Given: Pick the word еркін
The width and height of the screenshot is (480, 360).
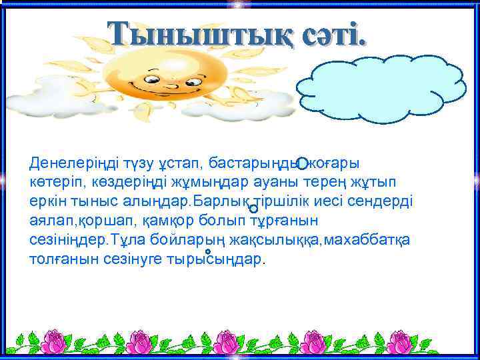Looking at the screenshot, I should (48, 203).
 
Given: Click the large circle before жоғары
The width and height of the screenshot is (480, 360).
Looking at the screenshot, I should (302, 163).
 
